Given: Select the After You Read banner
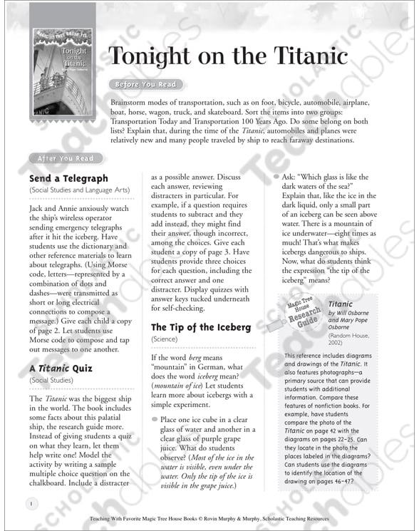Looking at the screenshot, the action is tap(65, 158).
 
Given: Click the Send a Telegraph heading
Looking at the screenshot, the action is tap(68, 178).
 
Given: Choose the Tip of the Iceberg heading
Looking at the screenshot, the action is tap(201, 327).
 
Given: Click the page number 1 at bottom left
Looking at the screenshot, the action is tap(31, 503).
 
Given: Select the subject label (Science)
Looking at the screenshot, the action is tap(165, 340).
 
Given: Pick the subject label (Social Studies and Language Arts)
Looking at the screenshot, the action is tap(78, 191).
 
